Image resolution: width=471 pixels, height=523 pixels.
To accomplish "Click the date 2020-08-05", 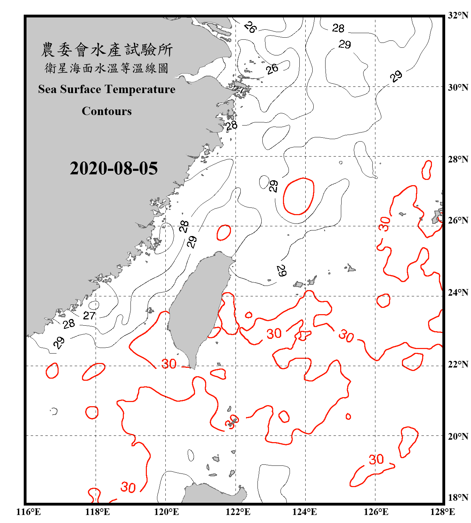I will [x=114, y=168].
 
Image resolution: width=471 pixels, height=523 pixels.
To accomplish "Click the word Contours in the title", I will [x=107, y=111].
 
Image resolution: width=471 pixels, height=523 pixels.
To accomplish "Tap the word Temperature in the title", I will [x=140, y=89].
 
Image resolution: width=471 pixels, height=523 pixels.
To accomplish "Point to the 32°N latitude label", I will [x=458, y=15].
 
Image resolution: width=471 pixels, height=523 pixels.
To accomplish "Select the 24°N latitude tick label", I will [x=458, y=292].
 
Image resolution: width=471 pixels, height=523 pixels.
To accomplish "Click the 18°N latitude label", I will [x=458, y=498].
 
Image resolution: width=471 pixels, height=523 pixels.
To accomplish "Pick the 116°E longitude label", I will [x=29, y=512].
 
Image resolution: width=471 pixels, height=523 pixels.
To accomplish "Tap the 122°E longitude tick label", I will [x=238, y=512].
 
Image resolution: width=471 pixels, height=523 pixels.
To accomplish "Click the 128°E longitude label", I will [x=442, y=512].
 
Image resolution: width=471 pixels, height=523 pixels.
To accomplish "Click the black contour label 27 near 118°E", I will [x=89, y=316].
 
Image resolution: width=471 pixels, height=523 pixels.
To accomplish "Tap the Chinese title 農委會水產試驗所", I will [x=107, y=50].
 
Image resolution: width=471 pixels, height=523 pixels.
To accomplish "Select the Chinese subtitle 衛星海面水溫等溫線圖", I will [x=107, y=68].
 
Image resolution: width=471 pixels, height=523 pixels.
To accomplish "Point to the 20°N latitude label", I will [x=458, y=436].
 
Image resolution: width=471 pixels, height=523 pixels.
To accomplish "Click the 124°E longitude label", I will [x=305, y=512].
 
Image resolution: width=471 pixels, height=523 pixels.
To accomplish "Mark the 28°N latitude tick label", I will [x=458, y=159].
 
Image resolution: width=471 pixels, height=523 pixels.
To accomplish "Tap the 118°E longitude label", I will [x=97, y=512].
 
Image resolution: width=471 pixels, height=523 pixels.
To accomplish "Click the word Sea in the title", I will [x=48, y=89].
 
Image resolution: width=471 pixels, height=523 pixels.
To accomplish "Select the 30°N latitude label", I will [x=458, y=87].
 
